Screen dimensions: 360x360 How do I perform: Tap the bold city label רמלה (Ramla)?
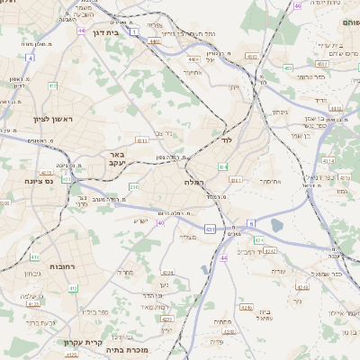point(195,181)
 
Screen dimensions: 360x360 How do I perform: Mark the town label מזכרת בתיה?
point(126,349)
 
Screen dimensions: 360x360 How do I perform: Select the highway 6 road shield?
point(252,222)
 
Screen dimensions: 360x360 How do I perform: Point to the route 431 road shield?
point(209,229)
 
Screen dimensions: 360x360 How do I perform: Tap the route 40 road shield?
point(160,222)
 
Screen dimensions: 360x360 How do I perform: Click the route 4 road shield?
point(30,58)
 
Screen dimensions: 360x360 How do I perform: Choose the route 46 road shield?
point(298,6)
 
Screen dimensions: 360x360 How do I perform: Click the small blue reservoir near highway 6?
point(276,226)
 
